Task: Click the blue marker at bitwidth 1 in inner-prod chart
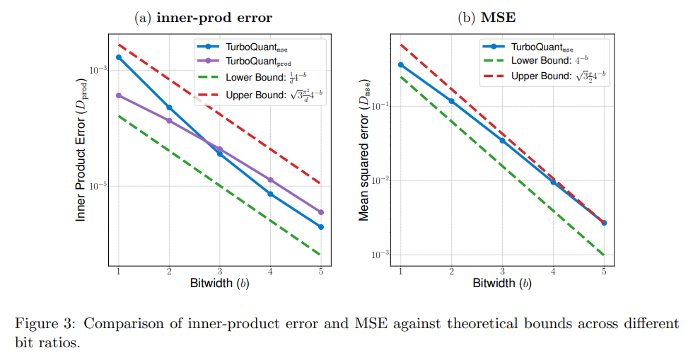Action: tap(119, 57)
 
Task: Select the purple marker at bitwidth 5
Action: tap(321, 212)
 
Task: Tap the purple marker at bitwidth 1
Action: tap(119, 95)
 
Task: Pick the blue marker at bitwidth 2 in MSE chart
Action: tap(451, 101)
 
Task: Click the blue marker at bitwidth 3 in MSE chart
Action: tap(502, 141)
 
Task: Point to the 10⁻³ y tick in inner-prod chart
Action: tap(98, 70)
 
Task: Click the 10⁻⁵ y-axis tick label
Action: tap(98, 186)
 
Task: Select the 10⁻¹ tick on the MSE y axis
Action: tap(380, 106)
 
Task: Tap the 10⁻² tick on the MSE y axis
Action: tap(380, 180)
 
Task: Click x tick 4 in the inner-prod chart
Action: tap(270, 272)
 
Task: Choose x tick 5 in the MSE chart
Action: tap(604, 272)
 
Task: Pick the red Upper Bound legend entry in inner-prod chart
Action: tap(260, 95)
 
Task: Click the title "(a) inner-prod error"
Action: tap(204, 18)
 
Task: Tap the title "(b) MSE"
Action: tap(487, 17)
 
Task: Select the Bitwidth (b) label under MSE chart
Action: tap(502, 283)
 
